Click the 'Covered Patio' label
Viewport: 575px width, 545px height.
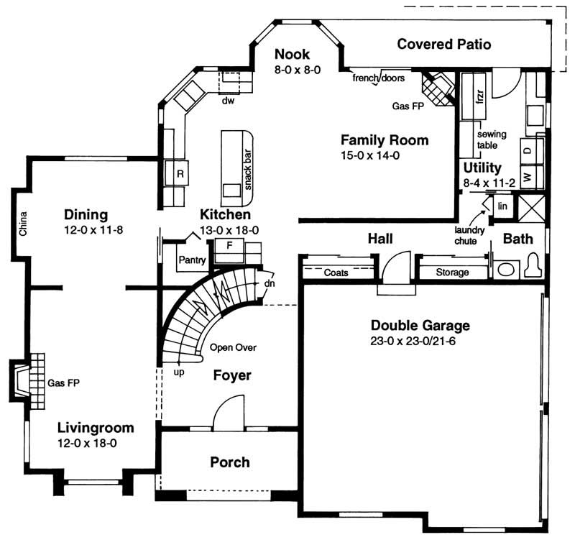[444, 45]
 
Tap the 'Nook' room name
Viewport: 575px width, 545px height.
[292, 55]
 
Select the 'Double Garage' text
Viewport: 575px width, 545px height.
[420, 325]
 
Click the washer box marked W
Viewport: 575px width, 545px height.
[527, 176]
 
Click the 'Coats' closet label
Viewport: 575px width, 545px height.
[336, 273]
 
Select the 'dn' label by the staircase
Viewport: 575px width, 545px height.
[270, 283]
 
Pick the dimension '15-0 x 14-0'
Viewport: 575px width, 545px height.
[374, 155]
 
